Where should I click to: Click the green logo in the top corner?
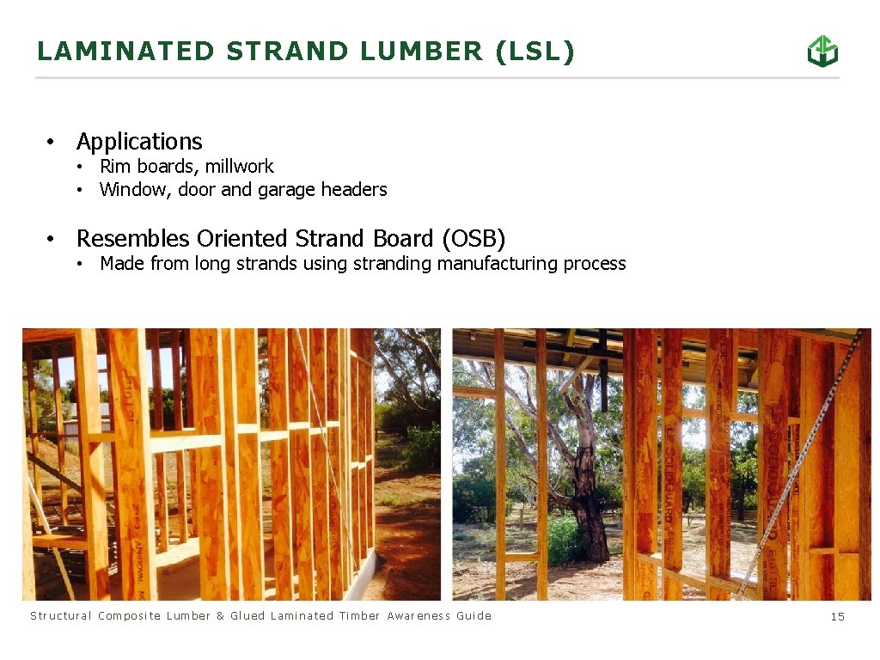point(822,52)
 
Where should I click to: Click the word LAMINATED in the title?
point(125,52)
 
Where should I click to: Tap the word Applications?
point(139,142)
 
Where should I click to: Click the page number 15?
point(838,616)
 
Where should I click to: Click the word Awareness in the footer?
point(419,616)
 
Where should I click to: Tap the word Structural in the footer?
point(61,616)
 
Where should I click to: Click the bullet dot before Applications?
point(52,142)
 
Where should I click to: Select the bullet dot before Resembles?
point(52,238)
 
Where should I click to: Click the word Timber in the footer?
point(359,616)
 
